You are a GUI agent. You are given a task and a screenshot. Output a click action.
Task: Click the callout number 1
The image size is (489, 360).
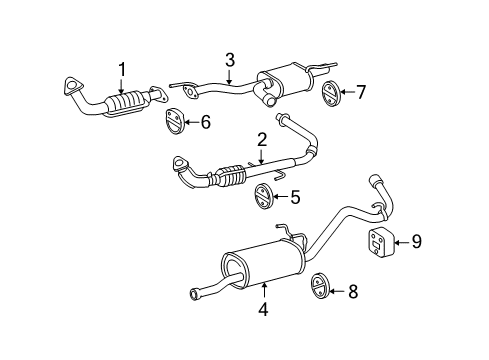coord(122,68)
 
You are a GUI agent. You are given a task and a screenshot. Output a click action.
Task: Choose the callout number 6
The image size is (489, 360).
coord(207,122)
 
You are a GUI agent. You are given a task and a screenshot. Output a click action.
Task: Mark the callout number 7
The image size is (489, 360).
coord(361,93)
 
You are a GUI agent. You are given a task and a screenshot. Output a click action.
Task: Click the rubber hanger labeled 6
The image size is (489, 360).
coord(174,122)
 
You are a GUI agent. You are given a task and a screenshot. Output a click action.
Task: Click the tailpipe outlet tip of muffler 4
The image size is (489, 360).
coord(193,295)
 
